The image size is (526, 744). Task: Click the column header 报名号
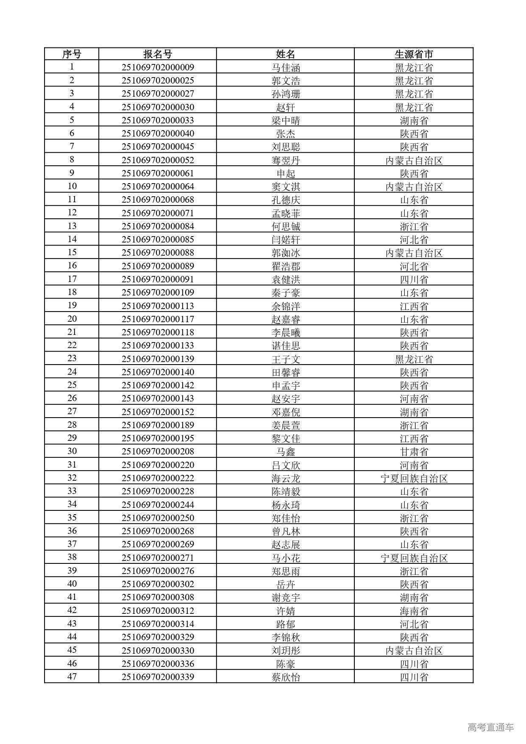coord(158,54)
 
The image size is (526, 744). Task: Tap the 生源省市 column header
coord(414,54)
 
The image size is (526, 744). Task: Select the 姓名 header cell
coord(285,54)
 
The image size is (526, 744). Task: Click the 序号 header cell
coord(72,54)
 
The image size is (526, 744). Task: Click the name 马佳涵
coord(286,67)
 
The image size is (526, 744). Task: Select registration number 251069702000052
coord(158,160)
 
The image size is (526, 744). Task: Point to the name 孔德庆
coord(286,200)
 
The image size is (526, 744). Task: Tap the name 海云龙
coord(286,478)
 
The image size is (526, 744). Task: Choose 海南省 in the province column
coord(414,611)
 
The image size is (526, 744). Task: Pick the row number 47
coord(72,676)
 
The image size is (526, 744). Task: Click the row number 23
coord(72,358)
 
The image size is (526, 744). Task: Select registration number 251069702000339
coord(158,677)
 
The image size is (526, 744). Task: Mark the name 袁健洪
coord(286,279)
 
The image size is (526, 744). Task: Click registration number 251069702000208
coord(158,451)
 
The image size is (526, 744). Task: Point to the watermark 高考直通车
coord(490,727)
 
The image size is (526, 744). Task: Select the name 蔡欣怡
coord(286,677)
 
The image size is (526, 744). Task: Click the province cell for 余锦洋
coord(414,306)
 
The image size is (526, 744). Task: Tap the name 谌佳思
coord(286,346)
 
